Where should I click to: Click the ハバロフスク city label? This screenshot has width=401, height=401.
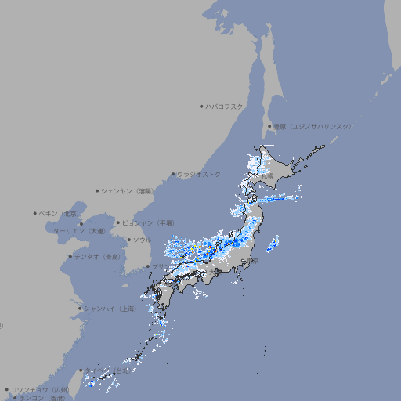(225, 107)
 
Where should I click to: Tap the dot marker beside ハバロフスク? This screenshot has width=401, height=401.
(201, 106)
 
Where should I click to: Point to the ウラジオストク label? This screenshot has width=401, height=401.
(199, 174)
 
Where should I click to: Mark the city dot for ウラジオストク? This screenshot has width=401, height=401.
(173, 174)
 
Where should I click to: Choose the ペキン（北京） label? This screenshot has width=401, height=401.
(60, 213)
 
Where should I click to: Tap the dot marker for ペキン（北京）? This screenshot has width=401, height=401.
(35, 212)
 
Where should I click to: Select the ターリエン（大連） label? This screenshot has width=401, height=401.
(79, 232)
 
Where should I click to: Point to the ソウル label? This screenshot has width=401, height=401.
(142, 240)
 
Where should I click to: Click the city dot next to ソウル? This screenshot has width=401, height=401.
(128, 240)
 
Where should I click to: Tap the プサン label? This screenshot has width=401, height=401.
(158, 266)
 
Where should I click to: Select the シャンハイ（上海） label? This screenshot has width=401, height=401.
(109, 309)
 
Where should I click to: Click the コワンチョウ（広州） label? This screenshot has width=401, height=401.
(40, 389)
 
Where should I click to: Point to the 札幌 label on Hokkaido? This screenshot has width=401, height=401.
(268, 177)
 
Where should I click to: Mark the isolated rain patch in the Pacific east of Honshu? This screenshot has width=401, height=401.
(272, 244)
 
